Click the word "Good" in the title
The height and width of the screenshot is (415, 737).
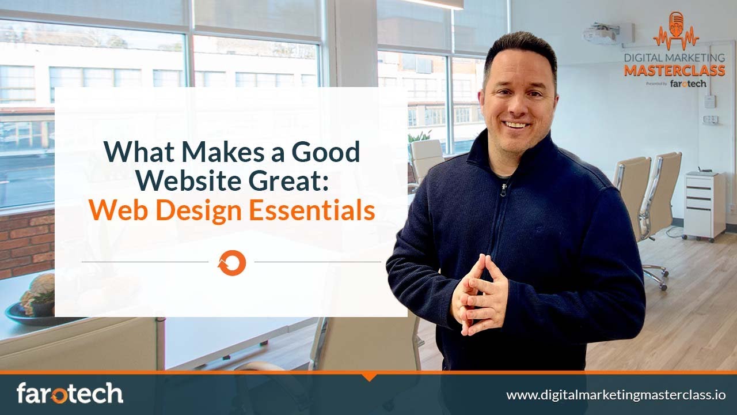[x=326, y=152]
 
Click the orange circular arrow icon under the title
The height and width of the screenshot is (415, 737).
[x=231, y=263]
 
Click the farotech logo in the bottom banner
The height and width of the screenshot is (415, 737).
[x=70, y=394]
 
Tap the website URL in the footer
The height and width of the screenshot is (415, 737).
[x=616, y=395]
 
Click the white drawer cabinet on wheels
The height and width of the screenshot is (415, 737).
[x=704, y=206]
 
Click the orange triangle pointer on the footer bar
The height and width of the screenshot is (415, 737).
[x=369, y=377]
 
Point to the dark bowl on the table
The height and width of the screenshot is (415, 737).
[x=29, y=314]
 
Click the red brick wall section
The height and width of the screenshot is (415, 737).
[x=26, y=242]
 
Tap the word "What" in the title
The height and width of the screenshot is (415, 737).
[x=130, y=152]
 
